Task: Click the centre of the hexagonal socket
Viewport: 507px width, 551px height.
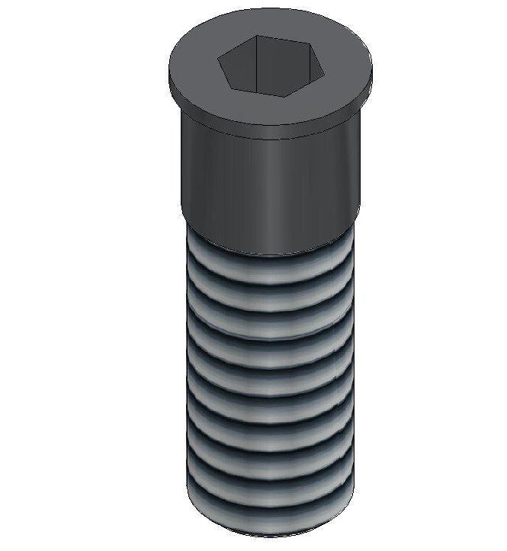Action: click(x=272, y=64)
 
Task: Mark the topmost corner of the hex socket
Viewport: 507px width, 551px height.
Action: click(x=258, y=35)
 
